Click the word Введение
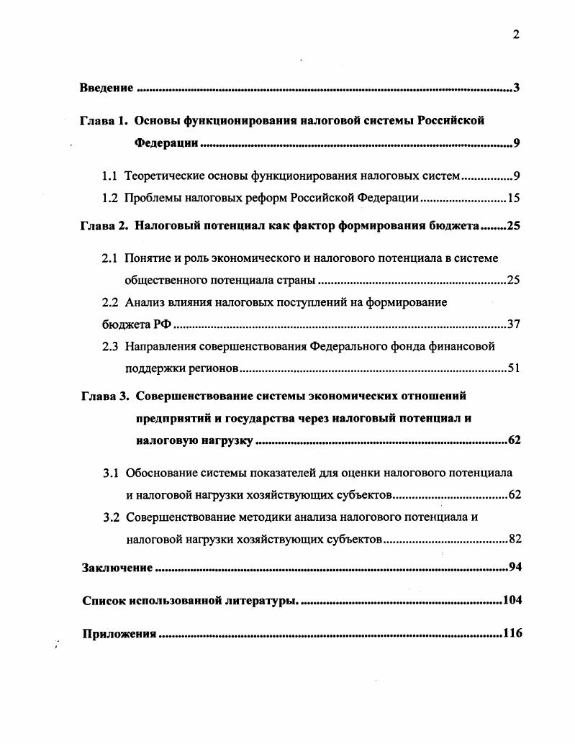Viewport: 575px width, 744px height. (x=107, y=89)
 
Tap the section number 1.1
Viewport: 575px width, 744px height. (x=110, y=175)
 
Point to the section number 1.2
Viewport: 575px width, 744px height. (x=110, y=197)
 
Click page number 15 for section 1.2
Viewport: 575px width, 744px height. (x=513, y=197)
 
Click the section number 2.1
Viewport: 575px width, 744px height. (x=110, y=258)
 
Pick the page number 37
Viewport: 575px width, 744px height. (x=513, y=324)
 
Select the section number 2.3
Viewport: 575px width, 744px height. (x=110, y=346)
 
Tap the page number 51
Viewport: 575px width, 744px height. (x=513, y=368)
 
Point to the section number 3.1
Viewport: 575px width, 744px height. (x=111, y=473)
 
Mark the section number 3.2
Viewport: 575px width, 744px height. (x=111, y=517)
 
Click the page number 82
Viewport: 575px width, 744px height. (x=514, y=539)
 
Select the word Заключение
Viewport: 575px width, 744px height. (x=117, y=568)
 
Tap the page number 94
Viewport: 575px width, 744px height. (x=514, y=568)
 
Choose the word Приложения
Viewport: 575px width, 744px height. (x=119, y=634)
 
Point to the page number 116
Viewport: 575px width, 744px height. (x=512, y=634)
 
